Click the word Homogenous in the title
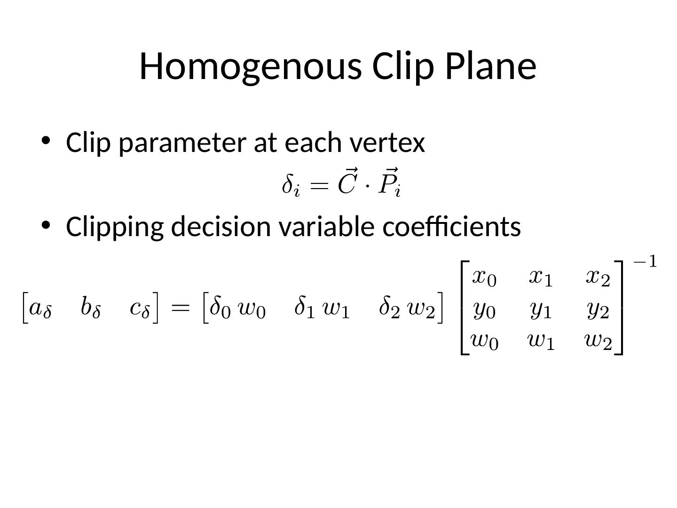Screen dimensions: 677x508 [x=251, y=67]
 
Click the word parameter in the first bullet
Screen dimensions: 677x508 [x=182, y=143]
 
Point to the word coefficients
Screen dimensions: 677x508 [x=451, y=226]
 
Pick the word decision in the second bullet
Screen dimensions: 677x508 [x=220, y=226]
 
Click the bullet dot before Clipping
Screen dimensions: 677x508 [x=46, y=225]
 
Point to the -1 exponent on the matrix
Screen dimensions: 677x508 [x=645, y=262]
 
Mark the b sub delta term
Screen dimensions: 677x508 [x=91, y=307]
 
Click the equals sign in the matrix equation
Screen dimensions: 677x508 [x=181, y=308]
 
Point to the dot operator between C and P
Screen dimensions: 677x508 [x=367, y=186]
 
